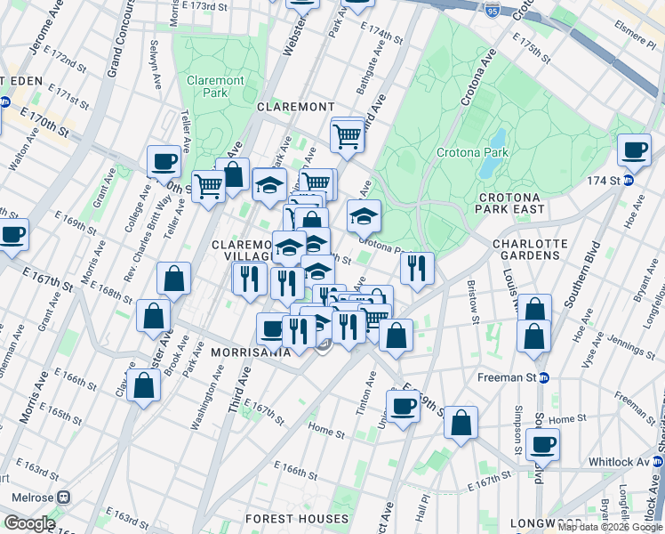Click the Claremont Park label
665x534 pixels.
point(215,86)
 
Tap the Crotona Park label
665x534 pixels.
point(472,152)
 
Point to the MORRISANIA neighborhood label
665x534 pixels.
point(252,352)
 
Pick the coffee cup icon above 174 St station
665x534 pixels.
point(635,150)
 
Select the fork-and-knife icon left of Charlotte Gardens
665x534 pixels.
point(416,266)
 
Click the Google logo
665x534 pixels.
point(29,523)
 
